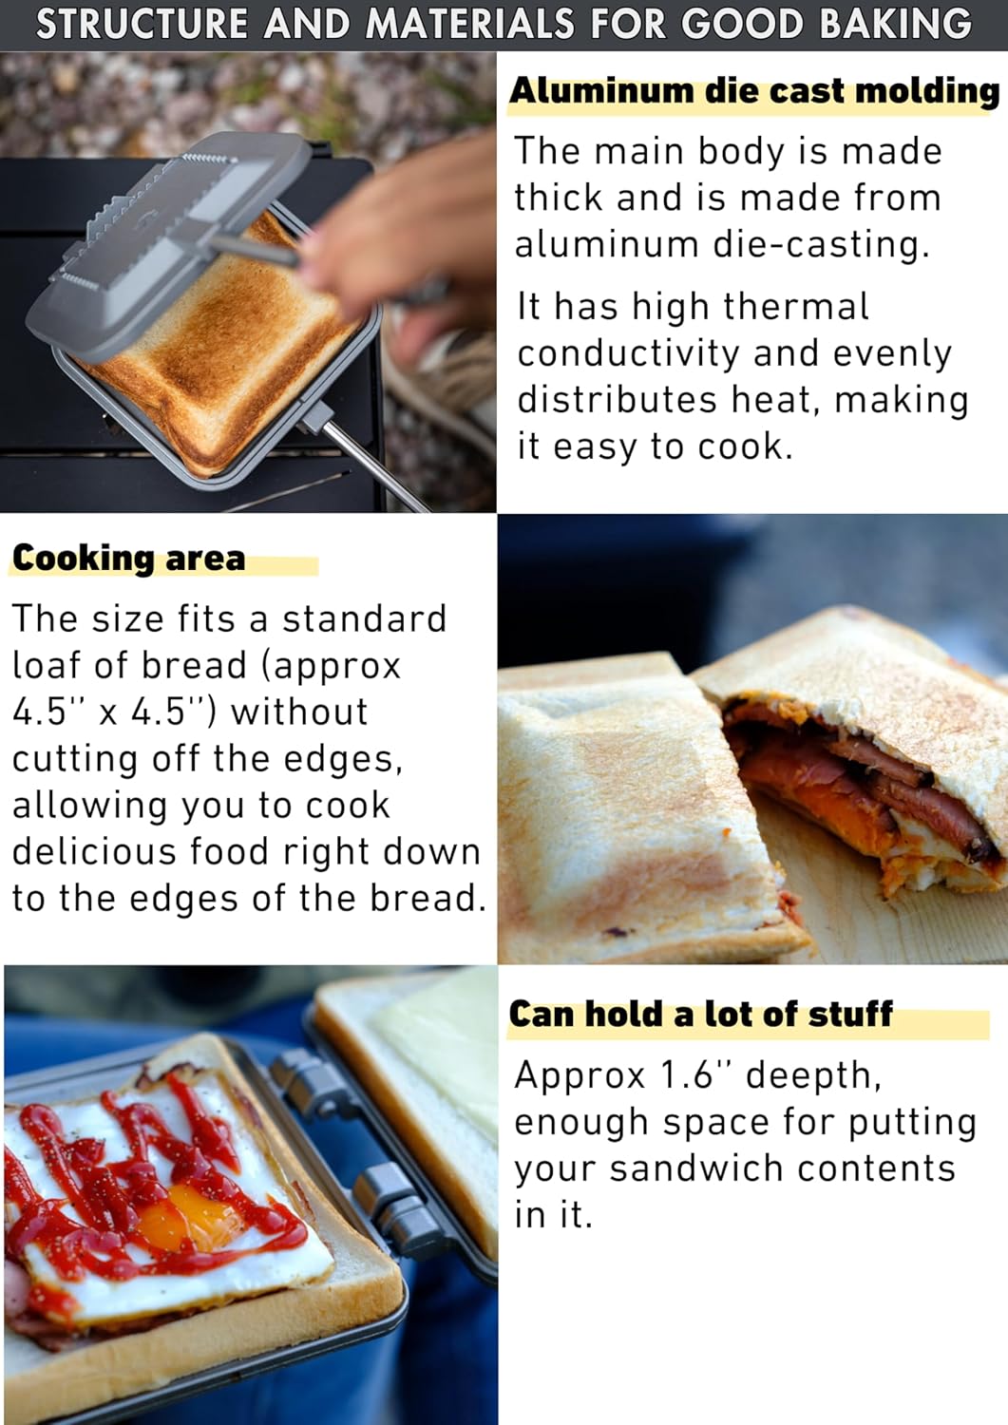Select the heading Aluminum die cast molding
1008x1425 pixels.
click(x=754, y=91)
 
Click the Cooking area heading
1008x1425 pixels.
click(x=128, y=558)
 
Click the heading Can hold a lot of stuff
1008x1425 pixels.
click(x=700, y=1014)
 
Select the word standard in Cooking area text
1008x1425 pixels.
click(x=365, y=618)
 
